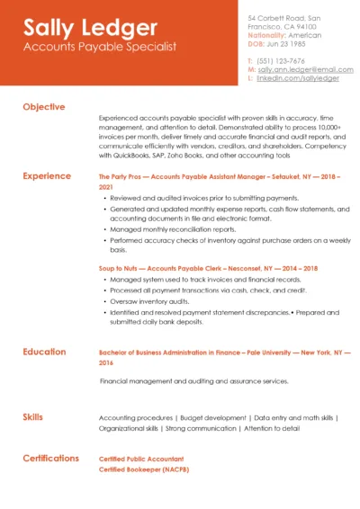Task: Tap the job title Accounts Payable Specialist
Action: [x=99, y=47]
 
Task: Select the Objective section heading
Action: [x=44, y=107]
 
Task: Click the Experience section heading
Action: [x=48, y=176]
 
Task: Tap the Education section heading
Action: [x=44, y=352]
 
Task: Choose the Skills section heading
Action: [x=34, y=417]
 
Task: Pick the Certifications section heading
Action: [x=51, y=458]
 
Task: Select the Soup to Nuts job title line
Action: [x=208, y=268]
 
